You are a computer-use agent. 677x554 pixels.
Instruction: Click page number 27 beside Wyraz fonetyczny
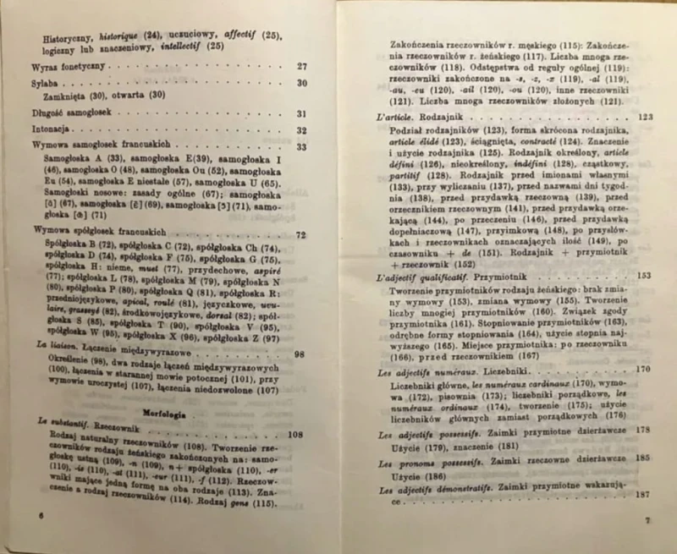click(x=302, y=66)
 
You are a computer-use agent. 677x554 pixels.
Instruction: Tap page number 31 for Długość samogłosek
click(x=302, y=113)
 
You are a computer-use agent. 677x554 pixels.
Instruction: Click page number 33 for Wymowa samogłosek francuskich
click(x=302, y=146)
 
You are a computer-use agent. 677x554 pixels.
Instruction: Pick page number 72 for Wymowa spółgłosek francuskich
click(x=300, y=233)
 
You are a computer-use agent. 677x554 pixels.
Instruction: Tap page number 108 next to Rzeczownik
click(x=294, y=436)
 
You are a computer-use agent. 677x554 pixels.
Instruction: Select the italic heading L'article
click(x=397, y=116)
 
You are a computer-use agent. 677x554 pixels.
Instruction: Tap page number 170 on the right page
click(x=642, y=370)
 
